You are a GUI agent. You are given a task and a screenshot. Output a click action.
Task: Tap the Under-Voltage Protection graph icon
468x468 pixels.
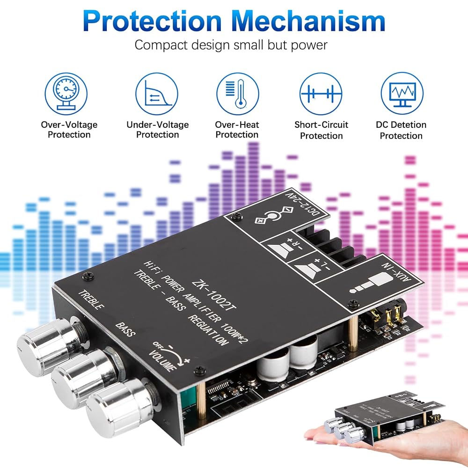(157, 94)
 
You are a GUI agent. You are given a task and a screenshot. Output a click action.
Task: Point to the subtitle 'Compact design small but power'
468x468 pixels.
(231, 45)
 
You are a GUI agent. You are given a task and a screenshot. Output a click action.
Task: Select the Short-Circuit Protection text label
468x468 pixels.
(321, 130)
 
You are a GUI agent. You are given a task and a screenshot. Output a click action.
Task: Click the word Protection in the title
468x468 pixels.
(152, 21)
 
